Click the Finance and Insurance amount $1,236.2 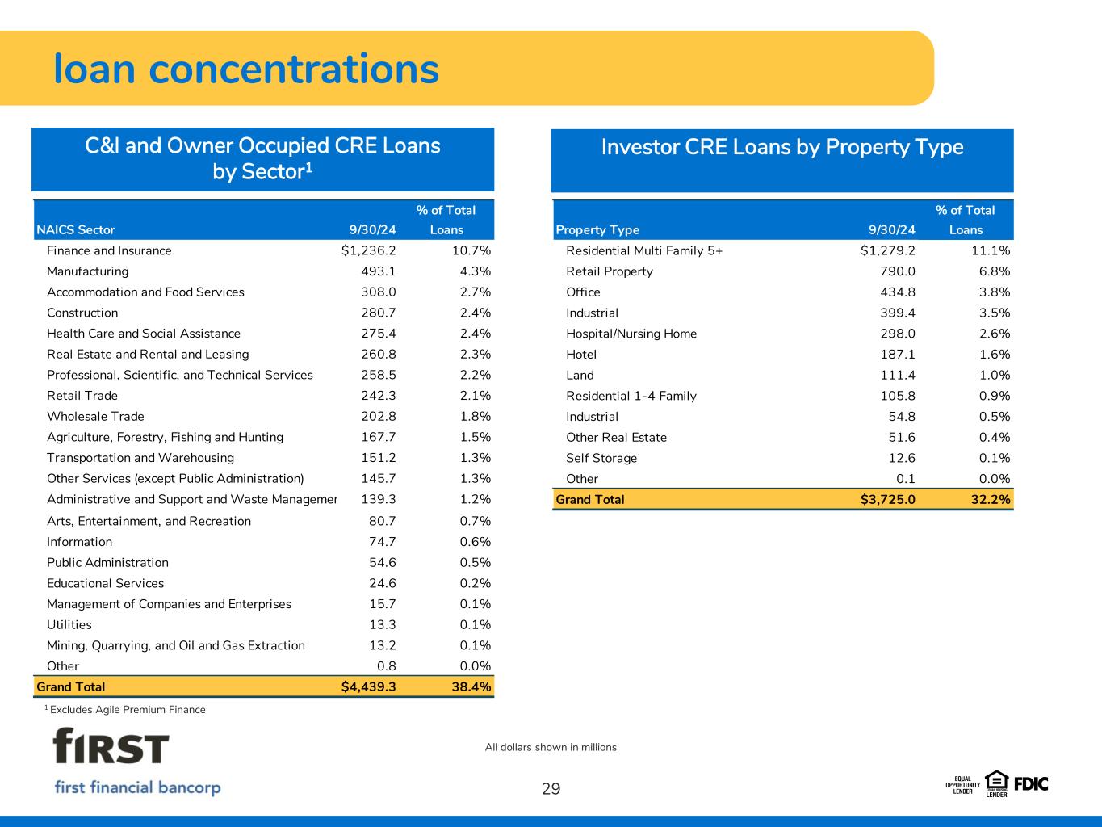click(x=368, y=250)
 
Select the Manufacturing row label click(x=87, y=271)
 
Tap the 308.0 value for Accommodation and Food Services click(x=379, y=292)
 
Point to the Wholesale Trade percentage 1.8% click(x=476, y=416)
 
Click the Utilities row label click(x=69, y=624)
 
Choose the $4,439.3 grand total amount click(x=368, y=687)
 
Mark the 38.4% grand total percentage click(x=471, y=687)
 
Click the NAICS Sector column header click(x=76, y=230)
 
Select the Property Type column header click(x=597, y=230)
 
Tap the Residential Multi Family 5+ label click(x=644, y=250)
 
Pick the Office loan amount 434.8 click(x=898, y=292)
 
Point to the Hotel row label click(x=581, y=355)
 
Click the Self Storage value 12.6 click(x=902, y=458)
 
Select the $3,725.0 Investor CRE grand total click(x=887, y=500)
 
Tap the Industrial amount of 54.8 click(x=902, y=416)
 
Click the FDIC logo click(x=1031, y=784)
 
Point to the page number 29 click(x=551, y=789)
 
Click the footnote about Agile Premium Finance click(x=125, y=710)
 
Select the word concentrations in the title click(x=294, y=69)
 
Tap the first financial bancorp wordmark click(x=137, y=787)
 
